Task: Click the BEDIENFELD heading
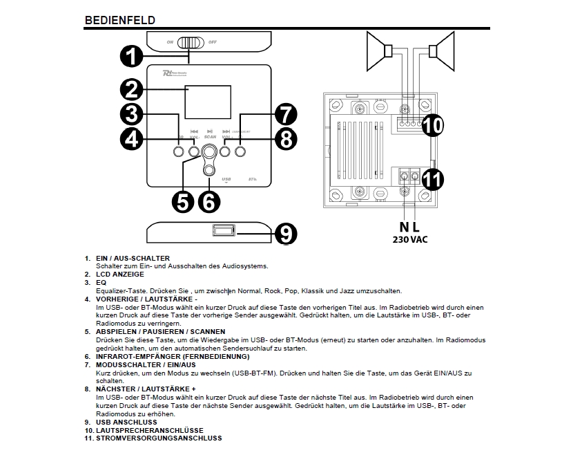click(119, 20)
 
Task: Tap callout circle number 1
click(132, 56)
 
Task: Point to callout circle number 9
click(285, 233)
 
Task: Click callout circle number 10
click(432, 125)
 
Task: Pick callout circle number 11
click(432, 179)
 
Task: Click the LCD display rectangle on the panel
click(207, 102)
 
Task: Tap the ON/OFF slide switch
click(189, 42)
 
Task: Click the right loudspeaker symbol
click(441, 50)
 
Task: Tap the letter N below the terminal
click(405, 227)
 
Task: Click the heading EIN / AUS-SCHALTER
click(133, 258)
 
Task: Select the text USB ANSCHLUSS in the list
click(126, 421)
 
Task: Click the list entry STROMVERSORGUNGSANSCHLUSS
click(159, 438)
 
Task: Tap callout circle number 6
click(208, 201)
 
